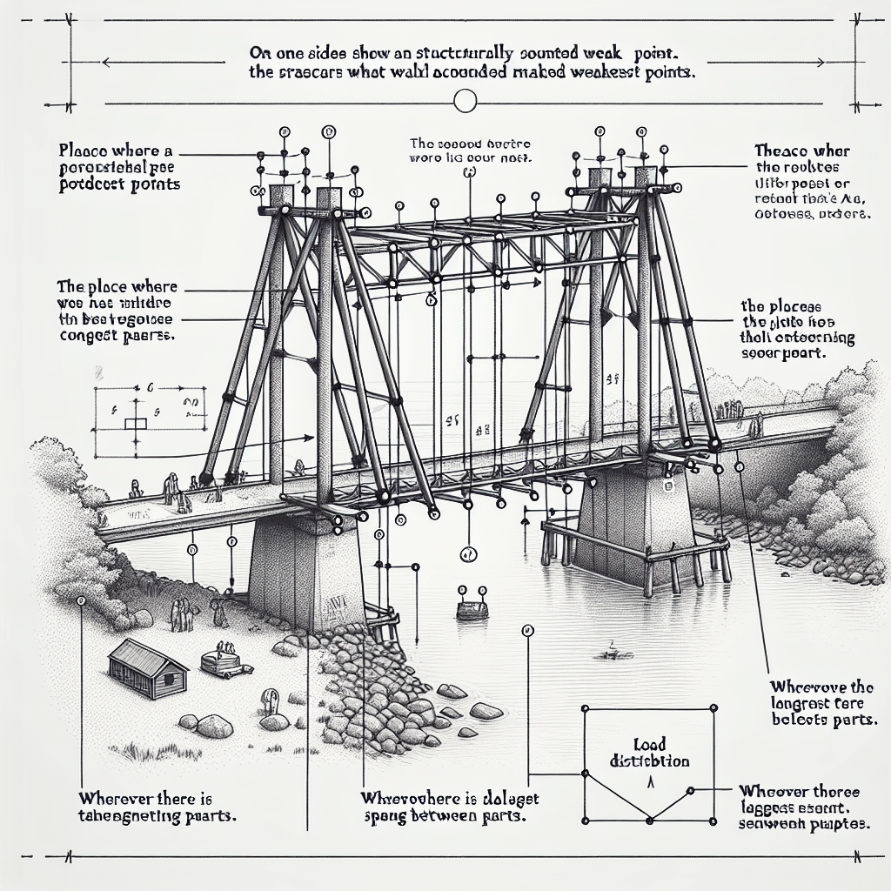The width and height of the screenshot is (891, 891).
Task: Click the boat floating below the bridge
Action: (472, 608)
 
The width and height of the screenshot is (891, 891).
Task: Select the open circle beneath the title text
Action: (466, 103)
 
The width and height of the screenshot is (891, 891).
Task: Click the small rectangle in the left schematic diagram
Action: (136, 424)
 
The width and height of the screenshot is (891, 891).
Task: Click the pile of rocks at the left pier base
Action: (383, 687)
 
